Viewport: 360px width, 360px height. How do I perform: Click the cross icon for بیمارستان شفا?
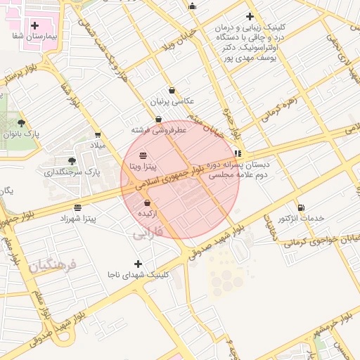pyautogui.click(x=34, y=25)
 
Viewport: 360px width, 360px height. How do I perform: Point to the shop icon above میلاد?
pyautogui.click(x=97, y=135)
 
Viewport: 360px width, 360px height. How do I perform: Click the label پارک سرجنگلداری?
pyautogui.click(x=74, y=172)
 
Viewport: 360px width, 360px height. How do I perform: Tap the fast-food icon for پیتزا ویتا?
pyautogui.click(x=143, y=155)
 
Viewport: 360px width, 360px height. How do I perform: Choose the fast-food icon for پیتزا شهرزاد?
pyautogui.click(x=77, y=207)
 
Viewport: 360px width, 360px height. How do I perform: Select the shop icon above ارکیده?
pyautogui.click(x=146, y=202)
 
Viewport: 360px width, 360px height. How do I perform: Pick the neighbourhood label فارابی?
pyautogui.click(x=148, y=231)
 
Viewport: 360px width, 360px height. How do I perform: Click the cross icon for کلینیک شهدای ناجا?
pyautogui.click(x=138, y=264)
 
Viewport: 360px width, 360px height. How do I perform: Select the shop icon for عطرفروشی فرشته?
pyautogui.click(x=158, y=120)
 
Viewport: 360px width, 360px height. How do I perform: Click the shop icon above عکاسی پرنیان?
pyautogui.click(x=172, y=90)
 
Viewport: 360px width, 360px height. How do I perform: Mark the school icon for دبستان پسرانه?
pyautogui.click(x=238, y=153)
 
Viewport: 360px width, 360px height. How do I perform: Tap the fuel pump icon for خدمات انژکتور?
pyautogui.click(x=301, y=207)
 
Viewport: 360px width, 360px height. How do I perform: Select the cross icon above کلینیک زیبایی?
pyautogui.click(x=249, y=17)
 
